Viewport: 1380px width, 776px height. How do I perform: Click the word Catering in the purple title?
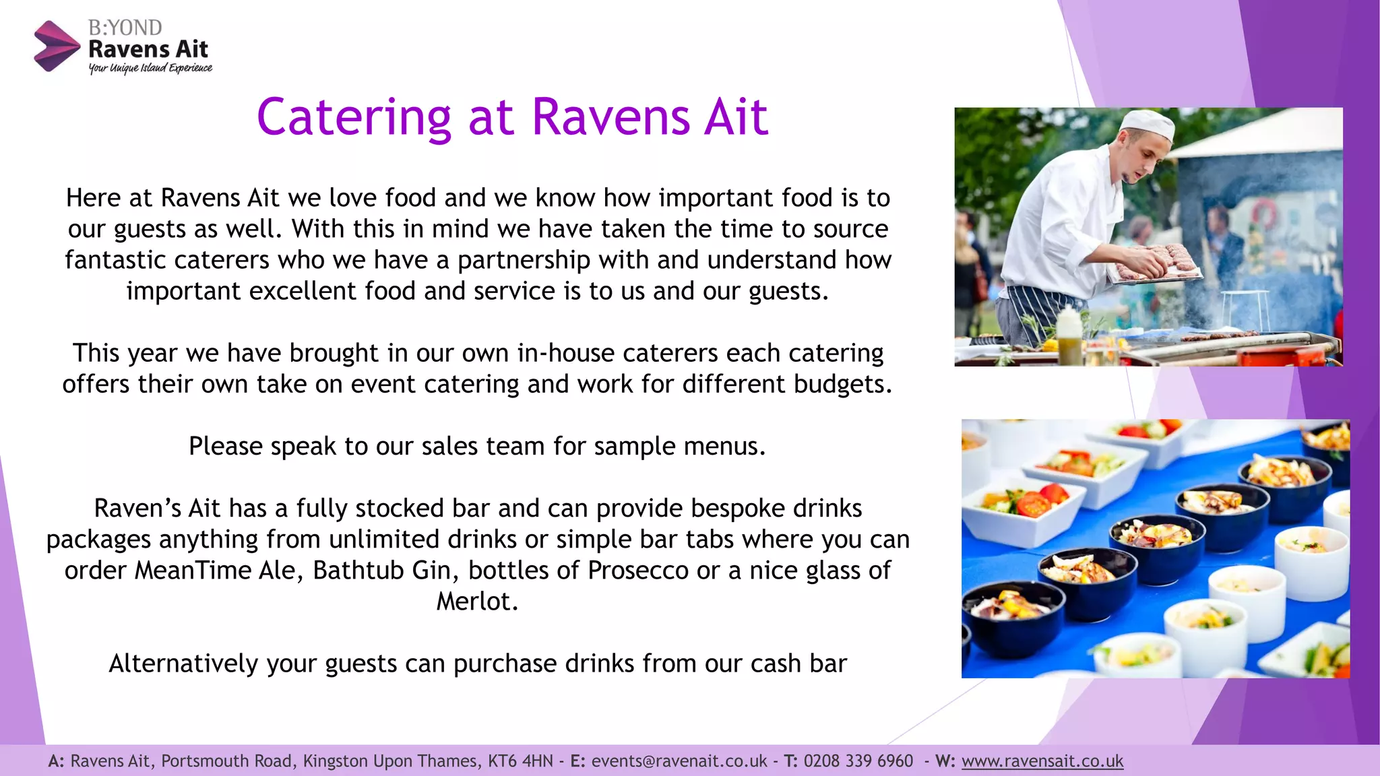click(x=354, y=117)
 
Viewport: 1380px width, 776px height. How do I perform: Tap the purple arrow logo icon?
click(x=57, y=46)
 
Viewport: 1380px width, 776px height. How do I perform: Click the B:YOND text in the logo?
click(x=125, y=28)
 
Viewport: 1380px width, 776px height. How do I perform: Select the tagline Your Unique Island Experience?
click(x=150, y=68)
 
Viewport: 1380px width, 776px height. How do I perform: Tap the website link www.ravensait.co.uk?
click(x=1042, y=761)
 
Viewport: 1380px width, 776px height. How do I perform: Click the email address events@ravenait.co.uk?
click(x=679, y=761)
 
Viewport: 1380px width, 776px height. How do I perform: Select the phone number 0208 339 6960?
click(x=858, y=761)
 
